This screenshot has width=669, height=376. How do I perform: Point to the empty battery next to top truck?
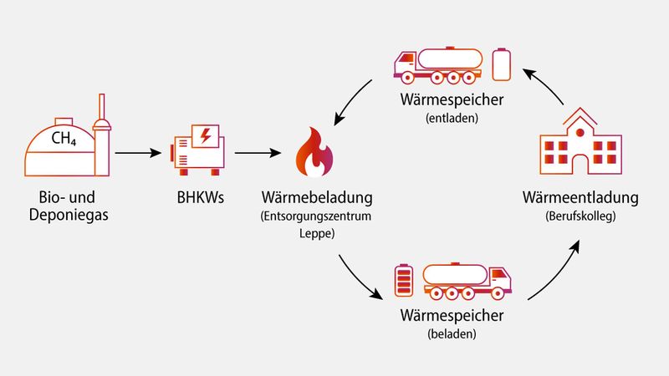click(x=501, y=64)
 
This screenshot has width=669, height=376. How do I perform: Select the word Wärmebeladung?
click(x=316, y=200)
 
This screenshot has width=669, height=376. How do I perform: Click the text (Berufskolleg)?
click(x=580, y=216)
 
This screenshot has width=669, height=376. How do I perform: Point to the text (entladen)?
click(x=452, y=118)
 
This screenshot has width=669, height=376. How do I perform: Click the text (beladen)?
click(x=452, y=334)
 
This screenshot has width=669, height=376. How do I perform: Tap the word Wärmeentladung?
click(x=580, y=198)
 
